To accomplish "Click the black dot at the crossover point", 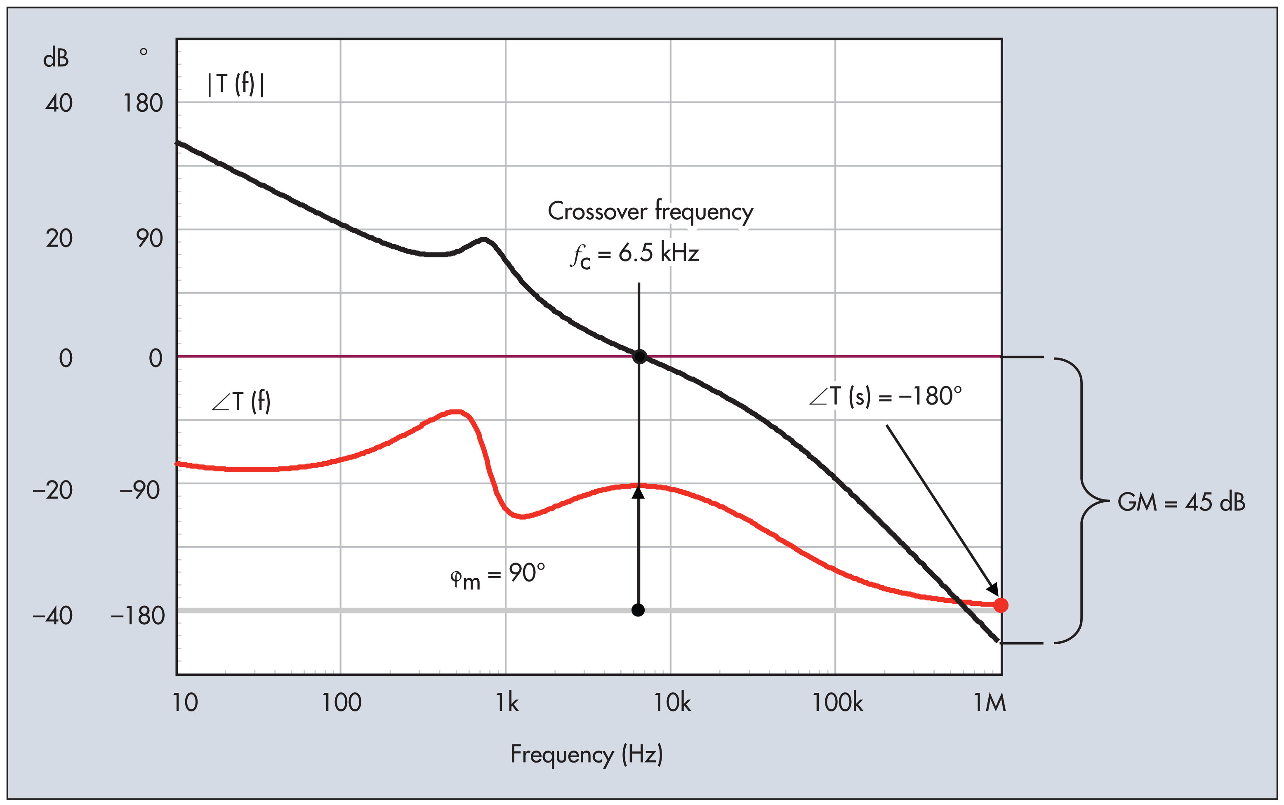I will click(639, 357).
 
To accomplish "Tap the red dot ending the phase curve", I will click(1001, 605).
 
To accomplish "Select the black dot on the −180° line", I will click(638, 610).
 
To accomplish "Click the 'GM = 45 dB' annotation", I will click(1181, 502).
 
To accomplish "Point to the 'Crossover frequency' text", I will click(650, 212).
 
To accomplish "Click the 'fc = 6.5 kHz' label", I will click(634, 254).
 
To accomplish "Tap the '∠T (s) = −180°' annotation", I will click(885, 397).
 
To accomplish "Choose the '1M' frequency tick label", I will click(990, 703).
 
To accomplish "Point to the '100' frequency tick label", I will click(341, 703).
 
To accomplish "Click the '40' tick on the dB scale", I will click(59, 103).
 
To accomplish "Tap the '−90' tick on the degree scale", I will click(139, 490).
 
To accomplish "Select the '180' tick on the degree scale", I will click(143, 103).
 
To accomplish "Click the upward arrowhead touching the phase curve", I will click(638, 492).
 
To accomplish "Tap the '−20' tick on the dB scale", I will click(52, 490).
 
